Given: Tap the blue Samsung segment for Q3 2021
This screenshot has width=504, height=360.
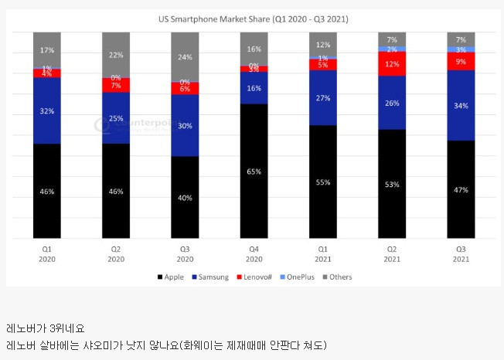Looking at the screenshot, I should tap(461, 105).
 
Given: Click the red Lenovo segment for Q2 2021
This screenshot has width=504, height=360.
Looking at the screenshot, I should tap(392, 64).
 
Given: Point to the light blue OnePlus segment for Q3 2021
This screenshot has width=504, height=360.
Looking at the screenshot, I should tap(461, 49).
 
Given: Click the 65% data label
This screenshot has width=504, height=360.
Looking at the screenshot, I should tap(254, 172).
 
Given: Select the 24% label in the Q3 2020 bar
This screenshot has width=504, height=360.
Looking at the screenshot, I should tap(185, 57).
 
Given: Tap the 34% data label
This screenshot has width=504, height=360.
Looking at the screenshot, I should tap(461, 105).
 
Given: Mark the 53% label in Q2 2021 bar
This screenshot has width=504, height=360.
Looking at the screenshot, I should tap(392, 184).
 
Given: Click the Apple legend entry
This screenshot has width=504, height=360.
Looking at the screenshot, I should tap(172, 277).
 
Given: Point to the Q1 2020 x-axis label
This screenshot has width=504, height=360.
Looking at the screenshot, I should tap(47, 254).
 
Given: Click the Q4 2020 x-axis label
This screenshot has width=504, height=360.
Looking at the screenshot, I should tap(254, 254).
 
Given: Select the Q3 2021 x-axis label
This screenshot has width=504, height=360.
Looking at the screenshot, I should tap(461, 254).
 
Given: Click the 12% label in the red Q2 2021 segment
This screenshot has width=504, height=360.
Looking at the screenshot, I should tap(392, 64).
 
